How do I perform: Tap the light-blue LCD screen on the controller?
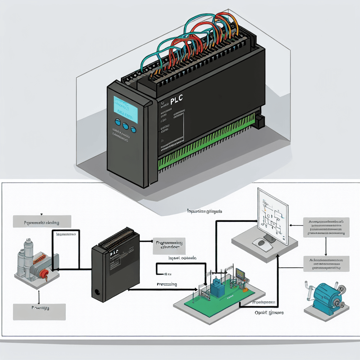click(x=126, y=108)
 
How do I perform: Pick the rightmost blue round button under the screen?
click(x=133, y=130)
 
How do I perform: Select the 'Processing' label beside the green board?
click(x=167, y=284)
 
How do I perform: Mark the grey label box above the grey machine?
click(x=42, y=222)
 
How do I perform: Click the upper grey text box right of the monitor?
click(x=326, y=227)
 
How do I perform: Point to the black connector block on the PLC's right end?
click(x=261, y=121)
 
